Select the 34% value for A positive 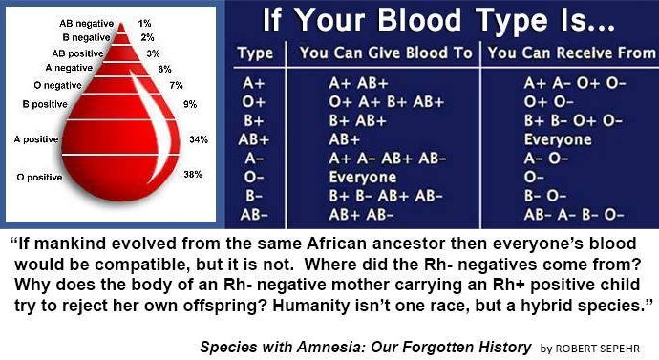pyautogui.click(x=199, y=139)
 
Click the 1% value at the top pyautogui.click(x=144, y=22)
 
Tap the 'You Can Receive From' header pyautogui.click(x=569, y=53)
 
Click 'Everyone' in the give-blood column pyautogui.click(x=362, y=177)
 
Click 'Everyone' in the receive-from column pyautogui.click(x=557, y=139)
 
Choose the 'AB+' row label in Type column pyautogui.click(x=255, y=139)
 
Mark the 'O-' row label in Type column pyautogui.click(x=253, y=177)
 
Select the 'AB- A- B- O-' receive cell pyautogui.click(x=573, y=213)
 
